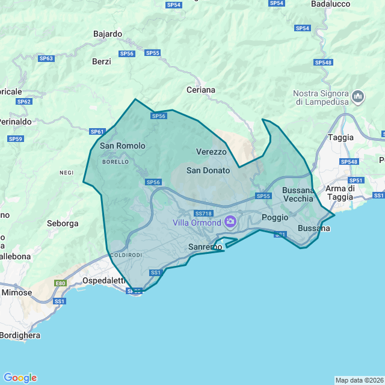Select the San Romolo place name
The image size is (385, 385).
pos(122,146)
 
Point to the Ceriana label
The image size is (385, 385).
pos(201,90)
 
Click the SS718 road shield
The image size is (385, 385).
pos(203,214)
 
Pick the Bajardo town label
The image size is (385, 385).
pos(108,34)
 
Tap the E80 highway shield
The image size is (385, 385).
pos(60,283)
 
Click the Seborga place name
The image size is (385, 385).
pos(63,223)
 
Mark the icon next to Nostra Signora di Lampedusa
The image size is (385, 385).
pos(358,96)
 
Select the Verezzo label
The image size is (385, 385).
pos(211,152)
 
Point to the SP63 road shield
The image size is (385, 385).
pos(46,58)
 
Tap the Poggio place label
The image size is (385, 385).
pos(275,217)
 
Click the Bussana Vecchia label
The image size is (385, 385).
pos(298,194)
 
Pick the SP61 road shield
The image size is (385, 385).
pos(97,132)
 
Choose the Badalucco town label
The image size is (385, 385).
pos(330,4)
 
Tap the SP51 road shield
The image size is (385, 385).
pos(356,180)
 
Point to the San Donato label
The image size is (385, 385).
pos(208,170)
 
